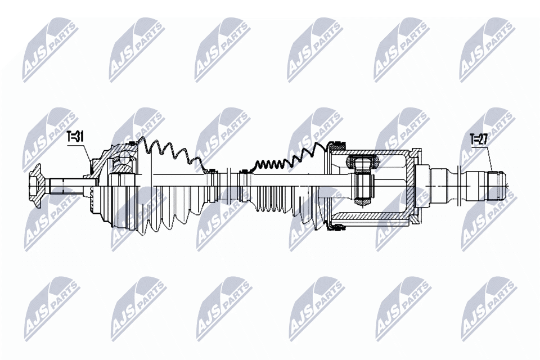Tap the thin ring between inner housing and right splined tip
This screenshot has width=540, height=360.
[461, 185]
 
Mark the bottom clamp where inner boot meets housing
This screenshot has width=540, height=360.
[337, 227]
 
